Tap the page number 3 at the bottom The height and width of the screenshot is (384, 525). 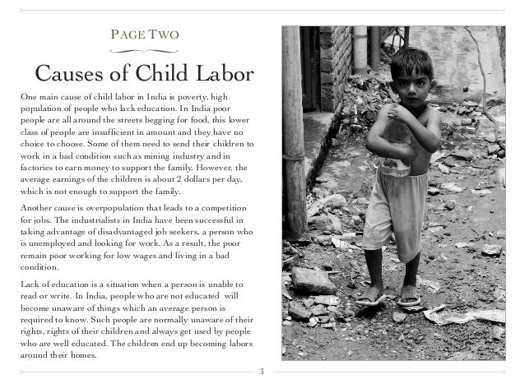coord(261,372)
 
